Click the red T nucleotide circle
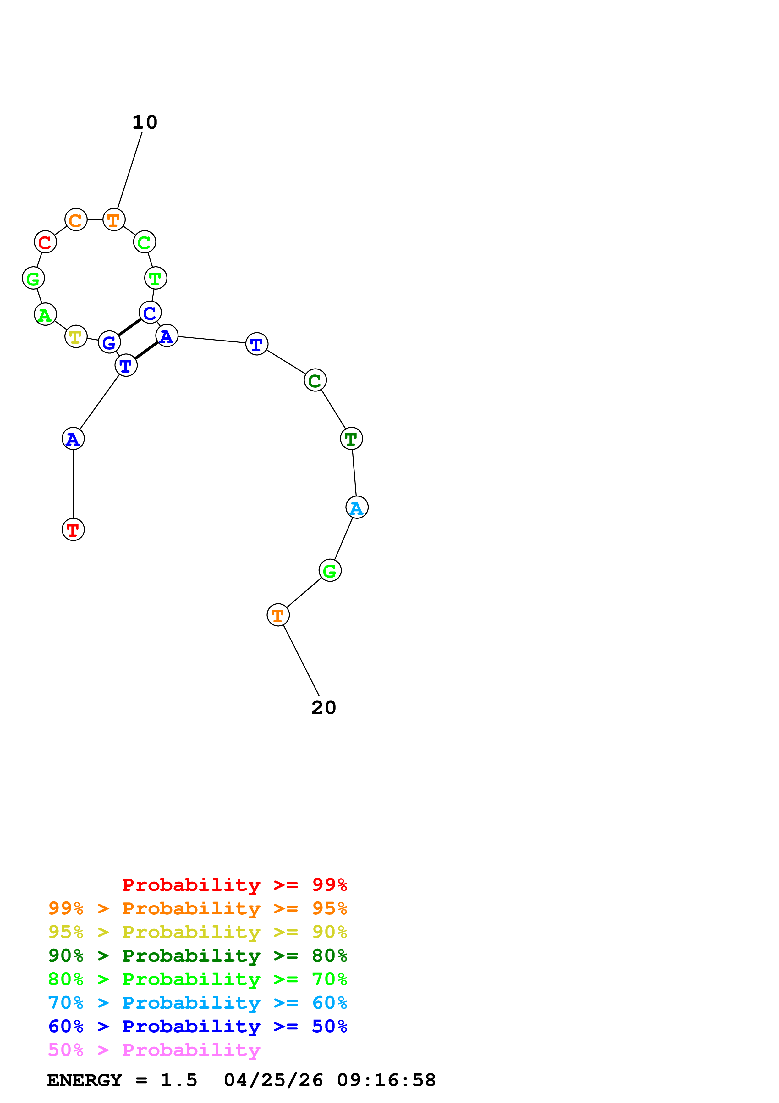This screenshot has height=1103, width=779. (73, 529)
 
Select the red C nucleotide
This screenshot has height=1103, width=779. (45, 242)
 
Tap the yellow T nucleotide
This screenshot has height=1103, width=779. (76, 337)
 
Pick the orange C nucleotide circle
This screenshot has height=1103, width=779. (76, 220)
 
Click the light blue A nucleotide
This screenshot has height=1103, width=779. (357, 507)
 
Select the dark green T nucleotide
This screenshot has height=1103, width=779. (351, 439)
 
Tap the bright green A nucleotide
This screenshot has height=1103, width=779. (46, 315)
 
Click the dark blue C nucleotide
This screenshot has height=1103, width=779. (150, 313)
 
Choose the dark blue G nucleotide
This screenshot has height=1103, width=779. (109, 342)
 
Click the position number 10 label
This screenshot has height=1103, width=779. (145, 123)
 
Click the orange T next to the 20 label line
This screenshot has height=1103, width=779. (278, 615)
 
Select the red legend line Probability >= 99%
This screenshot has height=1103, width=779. (234, 885)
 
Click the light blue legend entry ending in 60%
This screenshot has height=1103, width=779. (197, 1003)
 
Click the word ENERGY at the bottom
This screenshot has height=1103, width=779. (85, 1080)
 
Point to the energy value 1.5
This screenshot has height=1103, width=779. (178, 1080)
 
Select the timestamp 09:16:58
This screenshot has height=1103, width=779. (387, 1080)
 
